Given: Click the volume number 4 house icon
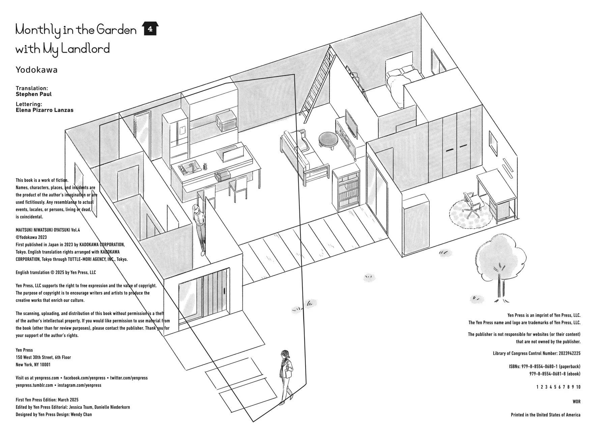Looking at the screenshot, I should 150,29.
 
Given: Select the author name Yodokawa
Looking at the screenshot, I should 36,70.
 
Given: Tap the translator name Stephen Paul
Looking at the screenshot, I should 34,94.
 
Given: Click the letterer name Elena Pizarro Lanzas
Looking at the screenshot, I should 45,110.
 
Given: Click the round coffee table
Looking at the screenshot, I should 328,139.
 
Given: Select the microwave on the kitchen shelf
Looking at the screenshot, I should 226,121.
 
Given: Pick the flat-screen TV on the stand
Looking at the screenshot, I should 351,124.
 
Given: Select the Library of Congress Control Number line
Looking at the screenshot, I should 536,353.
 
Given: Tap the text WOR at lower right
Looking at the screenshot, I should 576,402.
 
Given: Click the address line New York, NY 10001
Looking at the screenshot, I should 33,365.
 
